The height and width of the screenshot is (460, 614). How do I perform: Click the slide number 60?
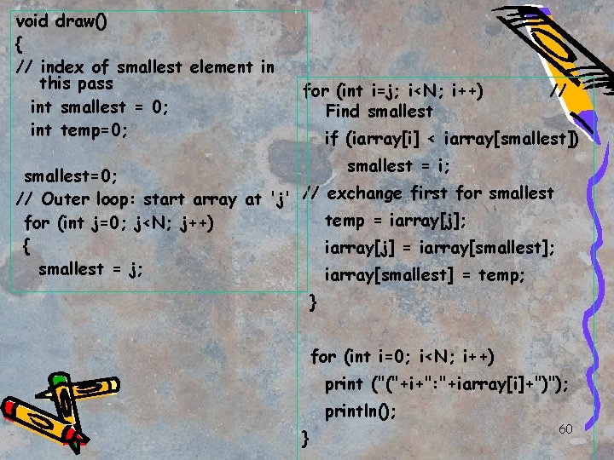(565, 428)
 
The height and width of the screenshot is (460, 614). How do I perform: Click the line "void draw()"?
(62, 21)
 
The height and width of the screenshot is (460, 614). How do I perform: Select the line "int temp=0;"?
(78, 130)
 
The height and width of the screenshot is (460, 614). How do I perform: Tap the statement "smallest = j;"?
(90, 268)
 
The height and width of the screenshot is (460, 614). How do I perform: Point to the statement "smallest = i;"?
(399, 165)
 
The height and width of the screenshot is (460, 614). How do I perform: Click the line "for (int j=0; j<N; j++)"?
(117, 223)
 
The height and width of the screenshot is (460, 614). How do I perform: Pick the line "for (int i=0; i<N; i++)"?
(403, 356)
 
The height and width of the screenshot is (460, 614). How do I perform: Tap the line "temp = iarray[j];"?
(396, 221)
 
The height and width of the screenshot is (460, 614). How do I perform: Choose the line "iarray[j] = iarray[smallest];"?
(440, 248)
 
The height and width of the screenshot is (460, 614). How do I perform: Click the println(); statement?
(361, 411)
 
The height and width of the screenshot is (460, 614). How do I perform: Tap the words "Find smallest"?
(379, 112)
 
